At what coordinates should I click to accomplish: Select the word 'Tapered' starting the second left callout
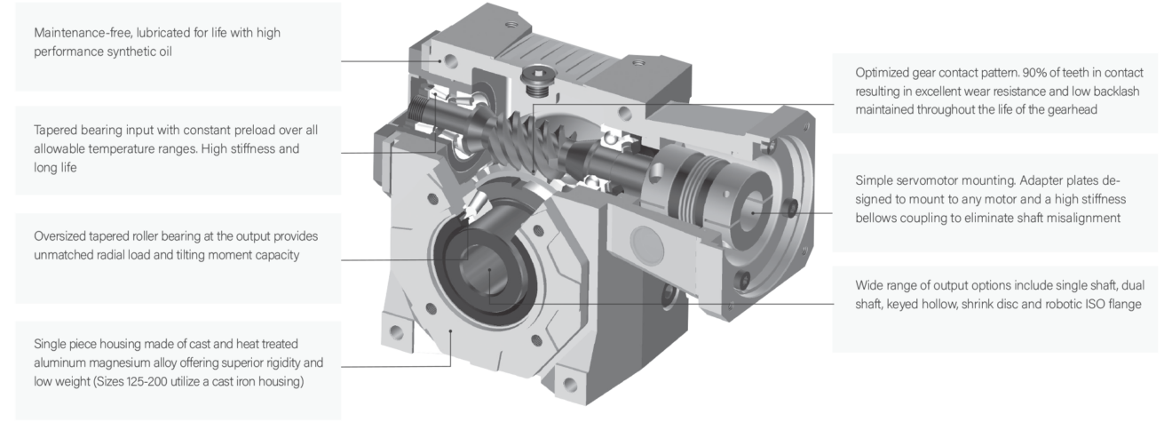tap(56, 130)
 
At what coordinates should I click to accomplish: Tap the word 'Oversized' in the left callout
tap(61, 237)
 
